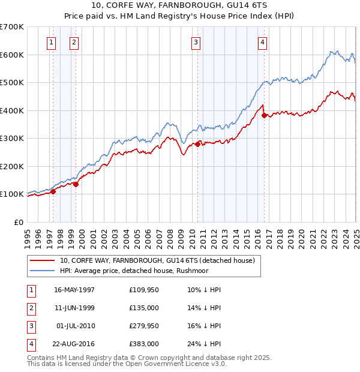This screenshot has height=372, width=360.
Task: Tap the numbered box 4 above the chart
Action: point(263,42)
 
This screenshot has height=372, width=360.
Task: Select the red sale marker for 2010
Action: point(197,144)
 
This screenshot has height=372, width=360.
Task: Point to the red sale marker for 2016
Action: point(265,115)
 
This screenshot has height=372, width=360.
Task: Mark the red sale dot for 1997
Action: point(53,191)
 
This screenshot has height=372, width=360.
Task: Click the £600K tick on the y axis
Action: point(13,55)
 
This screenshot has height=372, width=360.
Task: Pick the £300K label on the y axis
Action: point(13,139)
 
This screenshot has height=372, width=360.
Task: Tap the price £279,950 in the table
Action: point(143,326)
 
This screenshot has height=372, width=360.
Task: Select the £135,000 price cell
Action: point(143,308)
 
